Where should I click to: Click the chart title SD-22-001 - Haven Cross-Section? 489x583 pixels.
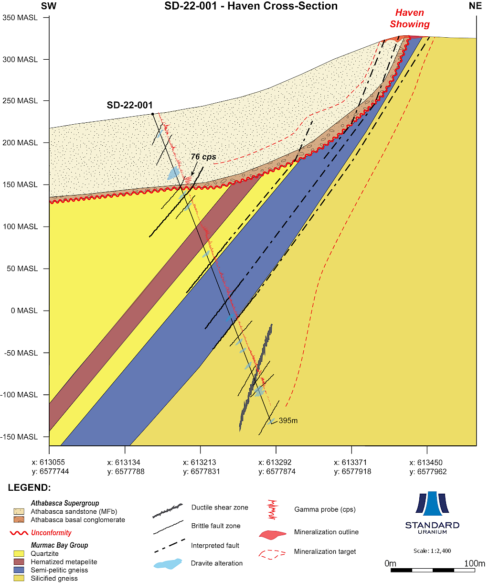point(251,6)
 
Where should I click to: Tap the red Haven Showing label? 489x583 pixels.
point(410,19)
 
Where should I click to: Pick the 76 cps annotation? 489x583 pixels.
point(203,157)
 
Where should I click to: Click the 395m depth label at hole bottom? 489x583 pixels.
point(288,421)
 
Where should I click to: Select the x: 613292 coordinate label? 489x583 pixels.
point(275,463)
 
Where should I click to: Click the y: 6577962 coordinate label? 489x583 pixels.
point(426,472)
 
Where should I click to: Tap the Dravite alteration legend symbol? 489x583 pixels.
point(168,563)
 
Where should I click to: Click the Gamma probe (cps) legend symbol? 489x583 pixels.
point(273,509)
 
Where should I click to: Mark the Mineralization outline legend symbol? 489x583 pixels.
point(273,534)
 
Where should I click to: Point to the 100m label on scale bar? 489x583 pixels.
point(475,563)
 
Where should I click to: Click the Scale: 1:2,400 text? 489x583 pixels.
point(432,551)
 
